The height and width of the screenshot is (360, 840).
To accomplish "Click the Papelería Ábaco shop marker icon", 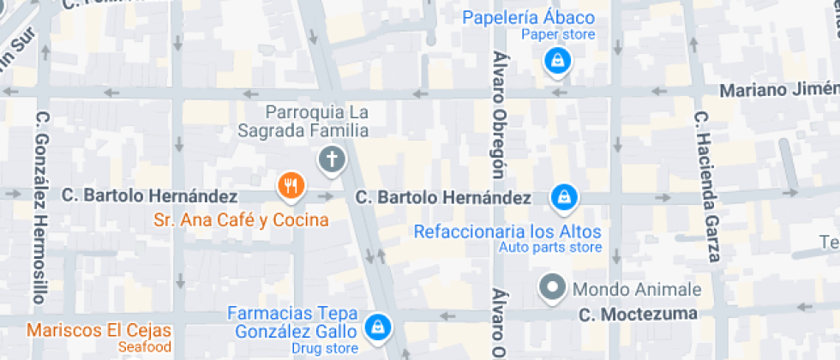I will (558, 60).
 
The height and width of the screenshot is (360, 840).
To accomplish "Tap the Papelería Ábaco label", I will (529, 18).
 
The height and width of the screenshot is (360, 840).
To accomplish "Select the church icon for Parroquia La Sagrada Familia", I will (331, 159).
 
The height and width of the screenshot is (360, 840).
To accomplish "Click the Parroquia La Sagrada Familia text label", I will (316, 121).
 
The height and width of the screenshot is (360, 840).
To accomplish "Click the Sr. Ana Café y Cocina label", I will (241, 220).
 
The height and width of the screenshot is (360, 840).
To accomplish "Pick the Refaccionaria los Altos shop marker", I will (564, 197).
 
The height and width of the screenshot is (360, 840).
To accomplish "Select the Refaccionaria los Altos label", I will (507, 231).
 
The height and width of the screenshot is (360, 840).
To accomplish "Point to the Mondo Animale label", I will (637, 290).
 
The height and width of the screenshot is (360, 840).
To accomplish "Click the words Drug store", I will (325, 348).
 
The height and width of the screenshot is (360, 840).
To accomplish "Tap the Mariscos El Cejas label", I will (99, 331).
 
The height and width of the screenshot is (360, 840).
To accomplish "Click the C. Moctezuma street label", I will (638, 314).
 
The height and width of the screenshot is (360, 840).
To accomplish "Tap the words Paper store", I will (560, 35).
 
